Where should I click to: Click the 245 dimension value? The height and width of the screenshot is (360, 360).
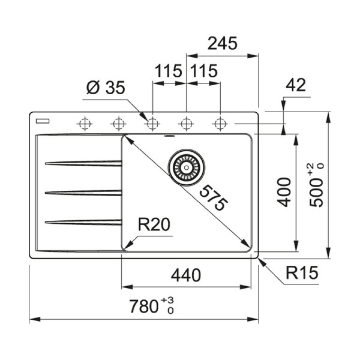click(222, 44)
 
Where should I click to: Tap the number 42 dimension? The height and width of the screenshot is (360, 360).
click(296, 85)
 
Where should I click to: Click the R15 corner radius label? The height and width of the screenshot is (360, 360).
click(302, 274)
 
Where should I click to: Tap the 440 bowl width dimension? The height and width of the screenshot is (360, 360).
click(186, 276)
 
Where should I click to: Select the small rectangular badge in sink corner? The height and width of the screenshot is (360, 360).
click(42, 121)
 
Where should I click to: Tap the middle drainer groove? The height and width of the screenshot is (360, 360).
click(83, 193)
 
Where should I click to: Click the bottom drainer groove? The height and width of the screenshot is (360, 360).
click(83, 222)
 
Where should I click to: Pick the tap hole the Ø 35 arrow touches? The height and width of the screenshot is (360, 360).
click(153, 124)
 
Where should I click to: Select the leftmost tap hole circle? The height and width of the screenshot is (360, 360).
click(84, 124)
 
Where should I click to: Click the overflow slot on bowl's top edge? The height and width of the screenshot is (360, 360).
click(169, 136)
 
